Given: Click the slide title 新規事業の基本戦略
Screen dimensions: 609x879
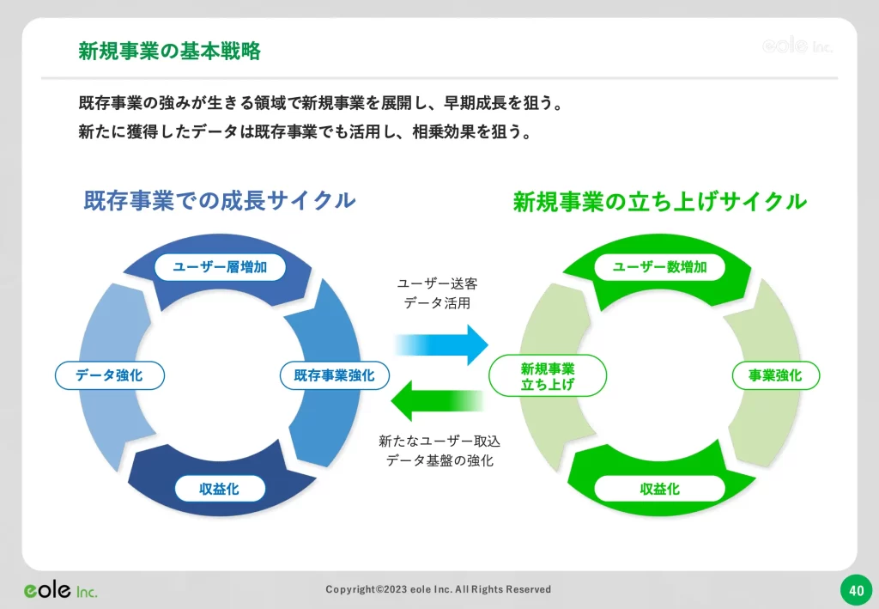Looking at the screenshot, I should [x=169, y=51].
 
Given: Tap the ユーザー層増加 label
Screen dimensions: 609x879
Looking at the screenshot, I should [x=220, y=267].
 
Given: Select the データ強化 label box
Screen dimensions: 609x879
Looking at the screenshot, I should [x=109, y=375].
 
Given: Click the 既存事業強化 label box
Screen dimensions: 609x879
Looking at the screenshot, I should [x=334, y=375].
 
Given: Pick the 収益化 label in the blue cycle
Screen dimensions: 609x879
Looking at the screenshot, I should [x=220, y=489].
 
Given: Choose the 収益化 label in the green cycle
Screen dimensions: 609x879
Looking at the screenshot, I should [x=659, y=489].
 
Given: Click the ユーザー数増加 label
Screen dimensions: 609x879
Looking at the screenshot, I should [x=659, y=267].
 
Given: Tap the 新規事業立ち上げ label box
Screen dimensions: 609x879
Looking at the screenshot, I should [x=548, y=375].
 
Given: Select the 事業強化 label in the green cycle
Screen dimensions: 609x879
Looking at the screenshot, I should [x=775, y=375].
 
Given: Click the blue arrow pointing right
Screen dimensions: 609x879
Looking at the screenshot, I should [x=442, y=344].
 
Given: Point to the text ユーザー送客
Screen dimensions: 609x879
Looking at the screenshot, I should [x=438, y=283].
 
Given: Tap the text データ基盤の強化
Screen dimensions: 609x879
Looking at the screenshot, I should [x=439, y=460].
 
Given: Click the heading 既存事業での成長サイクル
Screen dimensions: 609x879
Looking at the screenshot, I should [x=220, y=201].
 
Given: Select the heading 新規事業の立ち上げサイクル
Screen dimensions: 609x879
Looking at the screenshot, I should [x=659, y=202].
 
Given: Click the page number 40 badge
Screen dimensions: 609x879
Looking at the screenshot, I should [x=855, y=590].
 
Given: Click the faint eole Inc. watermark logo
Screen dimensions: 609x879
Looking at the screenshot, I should [x=797, y=46].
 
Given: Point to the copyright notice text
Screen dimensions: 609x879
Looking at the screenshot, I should [x=439, y=589].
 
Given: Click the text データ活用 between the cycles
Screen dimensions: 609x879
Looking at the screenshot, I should [x=438, y=303].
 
